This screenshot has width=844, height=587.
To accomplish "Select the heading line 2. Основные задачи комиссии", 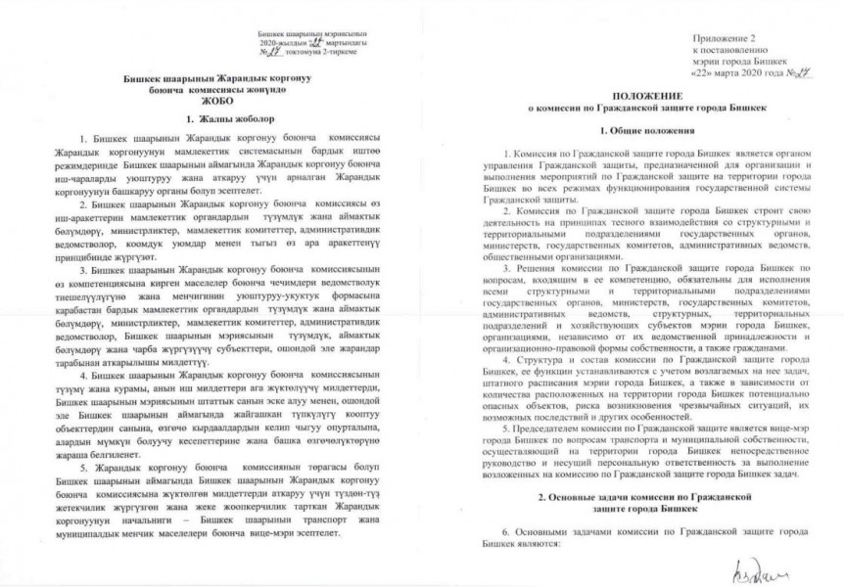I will tap(646, 498).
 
